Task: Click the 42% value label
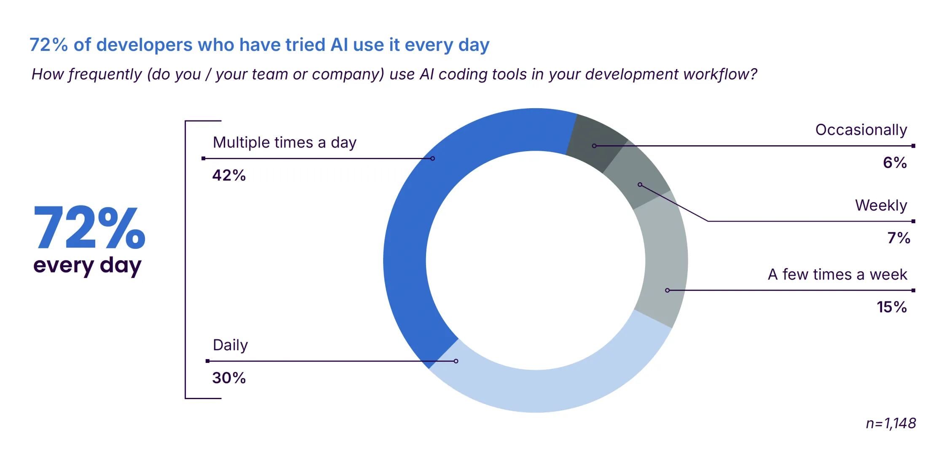pyautogui.click(x=229, y=175)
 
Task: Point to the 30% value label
pyautogui.click(x=229, y=378)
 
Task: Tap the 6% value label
pyautogui.click(x=895, y=163)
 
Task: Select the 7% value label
pyautogui.click(x=898, y=238)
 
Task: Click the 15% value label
pyautogui.click(x=892, y=307)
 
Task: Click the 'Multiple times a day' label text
pyautogui.click(x=284, y=143)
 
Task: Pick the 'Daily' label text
pyautogui.click(x=231, y=345)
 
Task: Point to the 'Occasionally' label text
pyautogui.click(x=861, y=130)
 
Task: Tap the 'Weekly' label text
pyautogui.click(x=881, y=205)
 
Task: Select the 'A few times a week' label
pyautogui.click(x=837, y=275)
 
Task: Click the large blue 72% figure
pyautogui.click(x=89, y=227)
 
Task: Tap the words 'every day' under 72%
pyautogui.click(x=87, y=266)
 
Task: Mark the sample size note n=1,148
pyautogui.click(x=891, y=423)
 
